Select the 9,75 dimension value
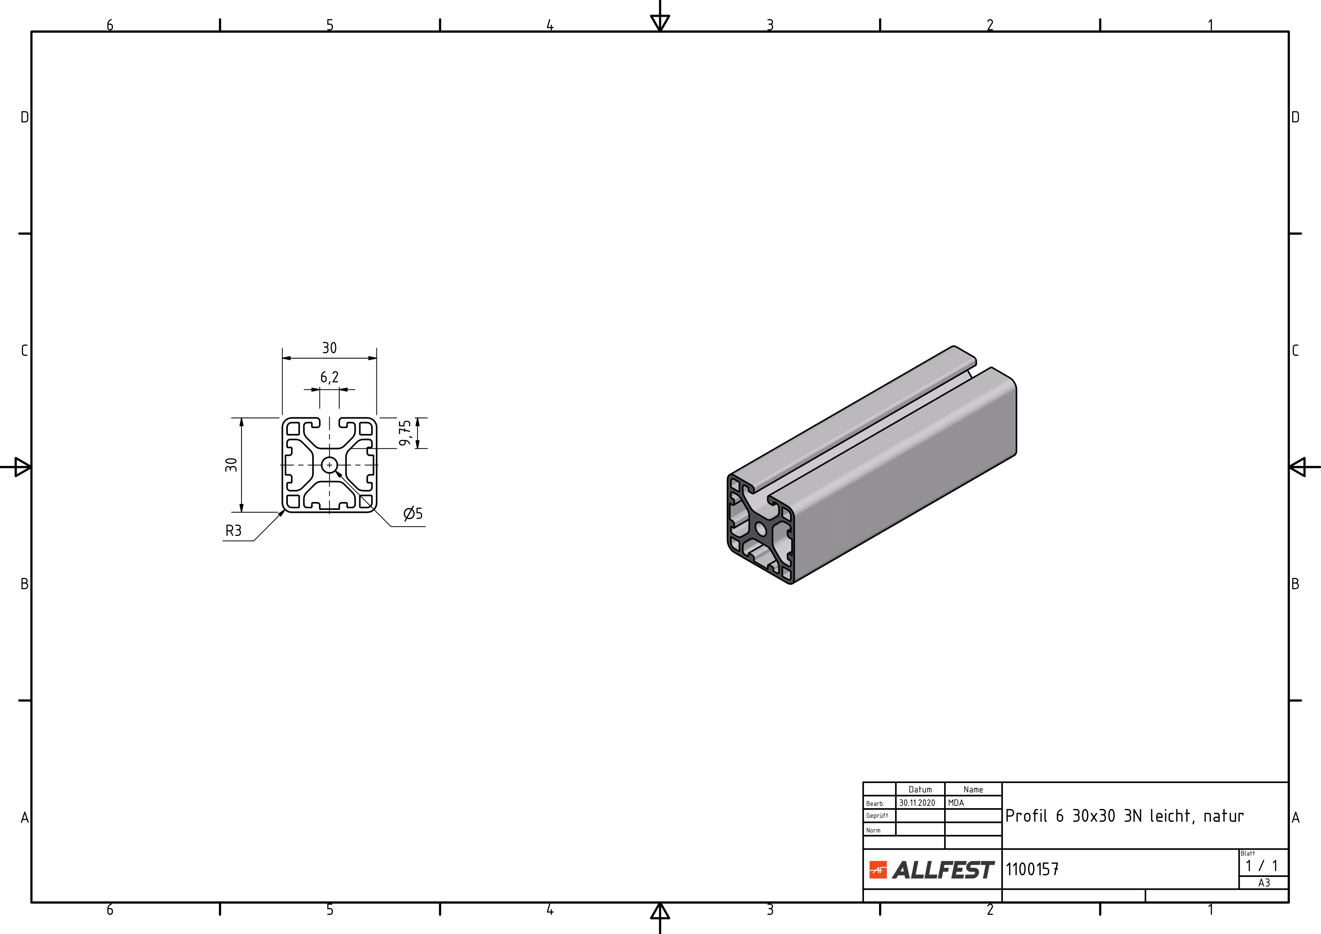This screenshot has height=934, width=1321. click(406, 433)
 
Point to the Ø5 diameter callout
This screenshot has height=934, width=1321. click(413, 514)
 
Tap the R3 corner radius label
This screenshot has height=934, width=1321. click(234, 531)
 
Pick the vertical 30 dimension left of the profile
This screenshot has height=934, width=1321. click(231, 464)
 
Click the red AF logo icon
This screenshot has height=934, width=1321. click(878, 870)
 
